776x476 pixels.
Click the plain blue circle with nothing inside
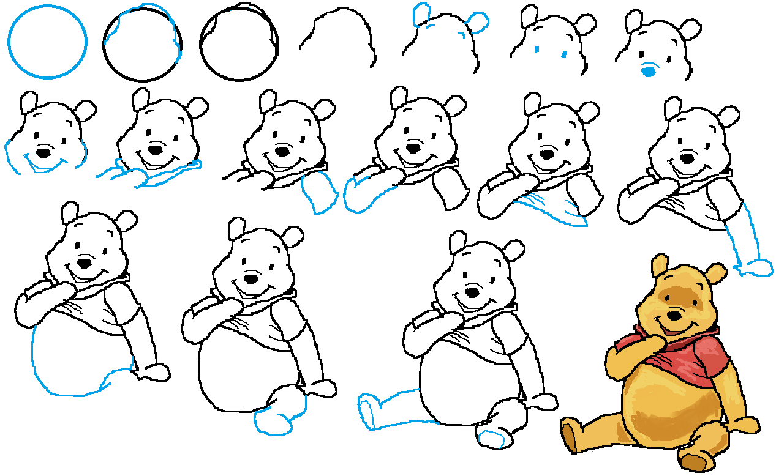pyautogui.click(x=47, y=42)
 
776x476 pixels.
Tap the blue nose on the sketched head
pyautogui.click(x=648, y=72)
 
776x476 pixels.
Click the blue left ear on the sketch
pyautogui.click(x=421, y=15)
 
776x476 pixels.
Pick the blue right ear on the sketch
pyautogui.click(x=478, y=23)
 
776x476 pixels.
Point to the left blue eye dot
pyautogui.click(x=537, y=49)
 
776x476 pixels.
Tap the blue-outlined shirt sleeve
pyautogui.click(x=320, y=191)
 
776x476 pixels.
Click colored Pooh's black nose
pyautogui.click(x=673, y=316)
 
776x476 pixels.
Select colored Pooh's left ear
pyautogui.click(x=660, y=266)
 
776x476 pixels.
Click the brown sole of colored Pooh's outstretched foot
pyautogui.click(x=569, y=437)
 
